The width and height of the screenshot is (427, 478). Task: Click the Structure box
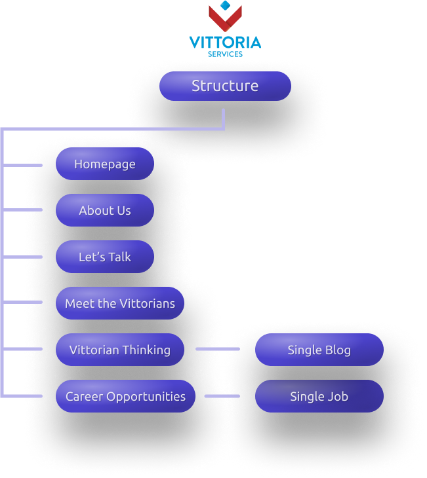[225, 86]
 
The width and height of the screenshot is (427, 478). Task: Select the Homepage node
[105, 164]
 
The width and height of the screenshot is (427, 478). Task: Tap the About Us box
[105, 210]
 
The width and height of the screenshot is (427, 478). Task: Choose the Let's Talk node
[105, 257]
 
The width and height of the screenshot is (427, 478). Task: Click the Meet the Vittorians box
[120, 303]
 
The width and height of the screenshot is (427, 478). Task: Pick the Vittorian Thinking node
[120, 350]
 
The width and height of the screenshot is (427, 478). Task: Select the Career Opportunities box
[125, 396]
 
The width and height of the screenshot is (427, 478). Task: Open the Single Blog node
[319, 350]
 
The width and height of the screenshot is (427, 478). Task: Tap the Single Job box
[319, 396]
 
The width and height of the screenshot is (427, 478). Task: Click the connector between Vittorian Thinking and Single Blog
[218, 350]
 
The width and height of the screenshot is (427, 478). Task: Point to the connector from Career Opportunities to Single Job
[222, 396]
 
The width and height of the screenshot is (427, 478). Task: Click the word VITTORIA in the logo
[225, 43]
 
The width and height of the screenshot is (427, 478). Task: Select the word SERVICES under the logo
[225, 54]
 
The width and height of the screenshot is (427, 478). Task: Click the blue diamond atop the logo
[226, 6]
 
